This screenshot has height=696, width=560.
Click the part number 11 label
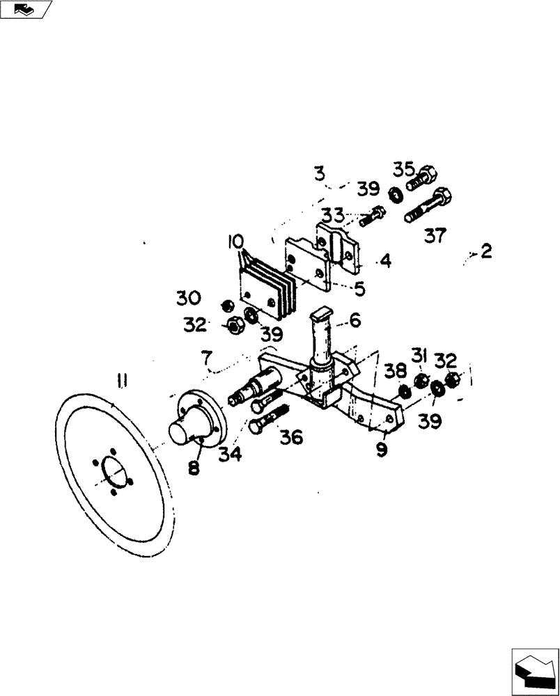[122, 379]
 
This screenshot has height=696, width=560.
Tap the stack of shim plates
[267, 288]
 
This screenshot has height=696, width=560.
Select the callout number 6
[355, 321]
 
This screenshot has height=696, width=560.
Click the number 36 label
[292, 436]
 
